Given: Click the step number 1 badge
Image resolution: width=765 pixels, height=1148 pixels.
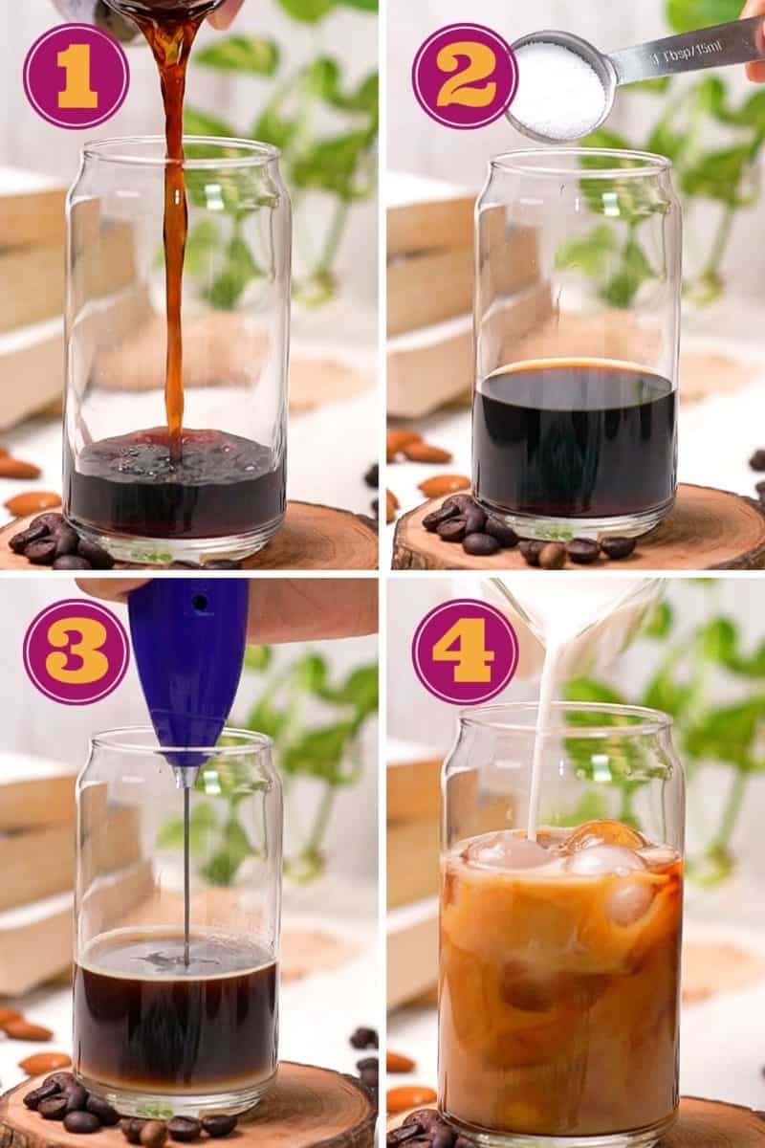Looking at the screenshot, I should (76, 77).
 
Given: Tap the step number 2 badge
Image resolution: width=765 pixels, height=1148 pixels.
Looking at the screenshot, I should (465, 76).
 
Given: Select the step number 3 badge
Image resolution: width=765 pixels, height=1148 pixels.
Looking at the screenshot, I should (76, 651).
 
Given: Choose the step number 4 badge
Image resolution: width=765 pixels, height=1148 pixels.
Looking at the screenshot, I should (465, 651).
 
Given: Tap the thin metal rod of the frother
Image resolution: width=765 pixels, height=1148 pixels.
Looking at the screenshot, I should (186, 861).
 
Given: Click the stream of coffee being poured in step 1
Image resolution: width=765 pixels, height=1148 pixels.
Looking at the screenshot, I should (174, 239).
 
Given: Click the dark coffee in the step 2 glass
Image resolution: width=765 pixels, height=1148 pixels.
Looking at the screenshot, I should (574, 440).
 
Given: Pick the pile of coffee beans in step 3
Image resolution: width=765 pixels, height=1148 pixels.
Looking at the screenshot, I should (67, 1100).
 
